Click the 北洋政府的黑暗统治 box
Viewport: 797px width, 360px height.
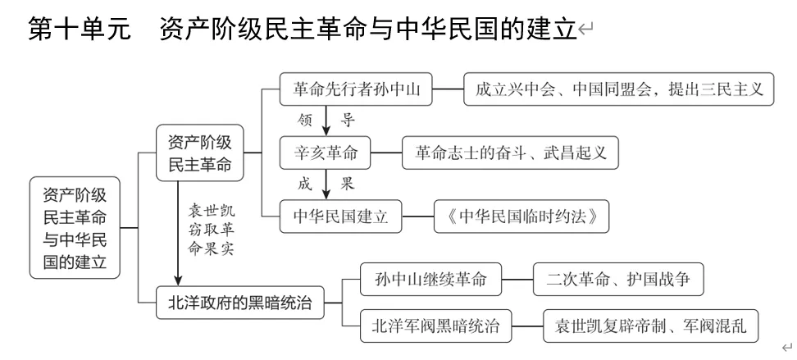pyautogui.click(x=240, y=303)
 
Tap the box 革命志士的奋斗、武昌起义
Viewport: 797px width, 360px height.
pyautogui.click(x=510, y=153)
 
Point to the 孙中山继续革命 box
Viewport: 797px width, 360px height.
pyautogui.click(x=430, y=280)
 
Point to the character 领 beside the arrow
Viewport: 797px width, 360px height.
pyautogui.click(x=304, y=121)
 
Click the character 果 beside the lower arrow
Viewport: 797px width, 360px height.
pyautogui.click(x=348, y=185)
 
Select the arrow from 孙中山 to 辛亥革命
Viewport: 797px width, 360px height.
pyautogui.click(x=326, y=121)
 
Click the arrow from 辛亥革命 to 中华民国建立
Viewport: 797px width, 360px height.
pyautogui.click(x=326, y=185)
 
